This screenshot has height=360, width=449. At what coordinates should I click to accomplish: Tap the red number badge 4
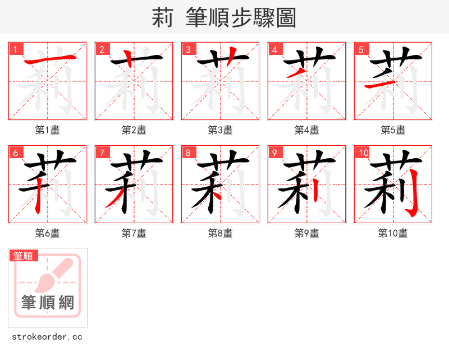coord(275,49)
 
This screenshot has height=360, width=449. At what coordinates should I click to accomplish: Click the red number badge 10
coord(363,153)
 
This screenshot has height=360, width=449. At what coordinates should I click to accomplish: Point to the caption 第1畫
coord(48,130)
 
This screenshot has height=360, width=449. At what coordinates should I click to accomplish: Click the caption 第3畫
coord(221,130)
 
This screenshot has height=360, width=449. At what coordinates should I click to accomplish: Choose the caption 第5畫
coord(393,130)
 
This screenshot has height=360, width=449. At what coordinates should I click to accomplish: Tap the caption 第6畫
coord(48,233)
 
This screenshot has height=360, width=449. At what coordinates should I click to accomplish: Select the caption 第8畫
coord(221,233)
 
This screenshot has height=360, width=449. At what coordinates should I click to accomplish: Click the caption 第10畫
coord(393,233)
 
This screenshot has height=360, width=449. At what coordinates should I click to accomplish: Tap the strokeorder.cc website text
coord(47,337)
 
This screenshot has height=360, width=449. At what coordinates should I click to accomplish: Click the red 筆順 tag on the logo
coord(24,256)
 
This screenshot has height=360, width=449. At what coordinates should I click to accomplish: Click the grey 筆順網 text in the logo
coord(48,303)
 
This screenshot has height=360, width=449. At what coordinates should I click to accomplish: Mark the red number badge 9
coord(275,153)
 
